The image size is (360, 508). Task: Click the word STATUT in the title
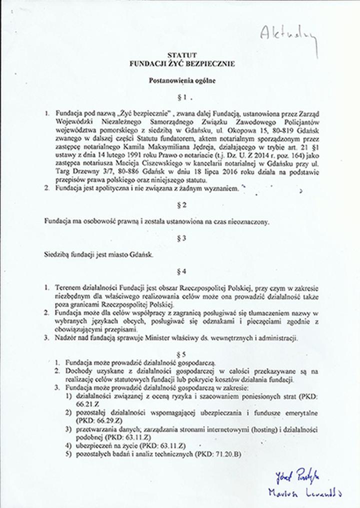coord(181,55)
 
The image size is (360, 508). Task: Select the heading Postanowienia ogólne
coord(182,80)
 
